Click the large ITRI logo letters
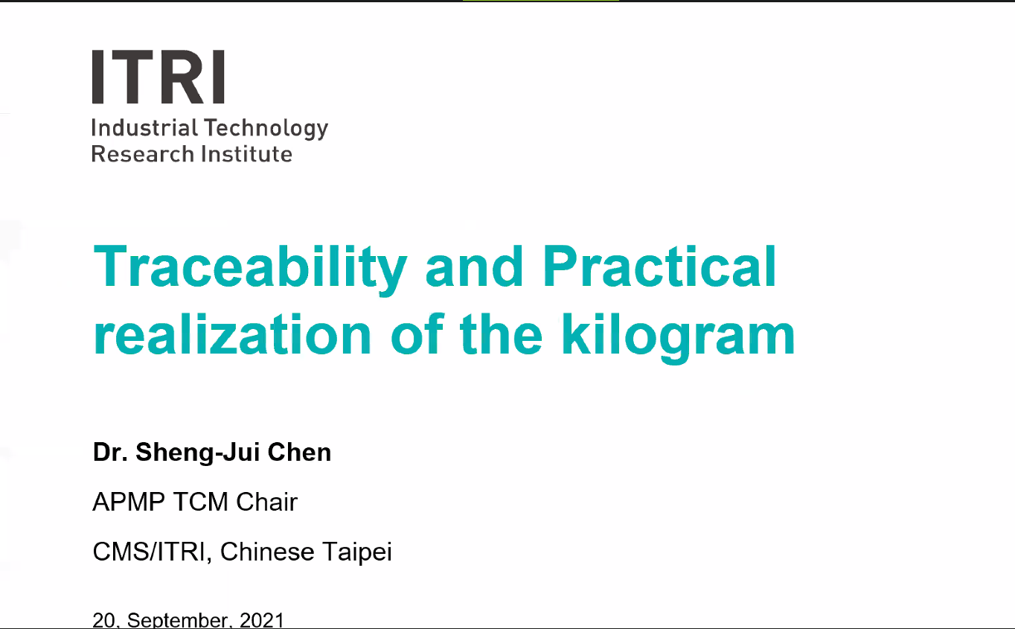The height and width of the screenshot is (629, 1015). pyautogui.click(x=159, y=77)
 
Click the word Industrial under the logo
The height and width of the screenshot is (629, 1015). pyautogui.click(x=145, y=128)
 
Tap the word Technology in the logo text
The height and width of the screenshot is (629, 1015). pyautogui.click(x=266, y=130)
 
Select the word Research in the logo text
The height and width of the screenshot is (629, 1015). pyautogui.click(x=143, y=154)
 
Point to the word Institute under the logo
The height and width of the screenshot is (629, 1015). pyautogui.click(x=246, y=154)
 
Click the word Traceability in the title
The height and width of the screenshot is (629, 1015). pyautogui.click(x=250, y=269)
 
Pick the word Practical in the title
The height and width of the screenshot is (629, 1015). pyautogui.click(x=659, y=266)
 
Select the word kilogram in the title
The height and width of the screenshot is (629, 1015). pyautogui.click(x=678, y=338)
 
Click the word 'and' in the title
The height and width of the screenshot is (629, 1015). pyautogui.click(x=475, y=266)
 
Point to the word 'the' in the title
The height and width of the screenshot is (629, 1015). pyautogui.click(x=501, y=334)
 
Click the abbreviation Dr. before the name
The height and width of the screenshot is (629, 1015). pyautogui.click(x=111, y=452)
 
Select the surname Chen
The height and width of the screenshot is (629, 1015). pyautogui.click(x=300, y=452)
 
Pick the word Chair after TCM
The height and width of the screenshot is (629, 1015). pyautogui.click(x=266, y=502)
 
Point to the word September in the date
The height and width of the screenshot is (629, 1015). pyautogui.click(x=178, y=620)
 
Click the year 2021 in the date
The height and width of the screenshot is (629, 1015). pyautogui.click(x=261, y=620)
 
